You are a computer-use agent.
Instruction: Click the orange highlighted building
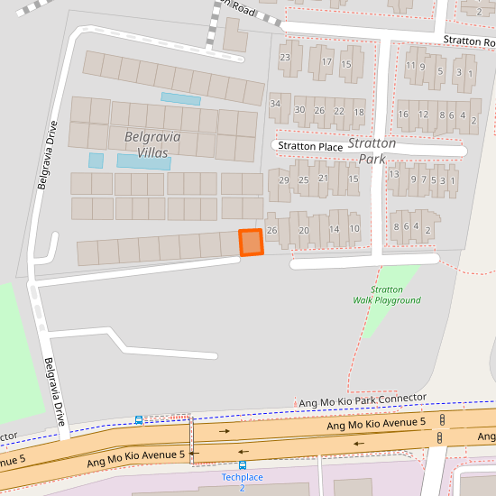(x=250, y=243)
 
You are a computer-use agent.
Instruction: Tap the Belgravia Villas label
(x=146, y=144)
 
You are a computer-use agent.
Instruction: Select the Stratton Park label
(x=372, y=151)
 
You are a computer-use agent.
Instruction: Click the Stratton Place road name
(x=309, y=146)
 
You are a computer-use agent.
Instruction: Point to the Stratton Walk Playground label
(x=386, y=295)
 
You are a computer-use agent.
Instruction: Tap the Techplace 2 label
(x=242, y=482)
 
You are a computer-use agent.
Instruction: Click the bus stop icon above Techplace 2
(x=242, y=465)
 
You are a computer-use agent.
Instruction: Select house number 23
(x=285, y=59)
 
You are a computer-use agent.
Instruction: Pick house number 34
(x=275, y=104)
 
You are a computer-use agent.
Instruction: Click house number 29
(x=283, y=180)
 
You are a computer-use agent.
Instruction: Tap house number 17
(x=326, y=63)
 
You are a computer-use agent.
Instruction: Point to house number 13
(x=393, y=174)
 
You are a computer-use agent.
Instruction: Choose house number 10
(x=354, y=230)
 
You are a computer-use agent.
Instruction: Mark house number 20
(x=304, y=231)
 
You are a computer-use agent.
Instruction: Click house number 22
(x=339, y=111)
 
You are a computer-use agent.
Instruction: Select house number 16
(x=402, y=115)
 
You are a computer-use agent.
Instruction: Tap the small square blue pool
(x=96, y=161)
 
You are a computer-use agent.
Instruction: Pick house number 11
(x=410, y=66)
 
